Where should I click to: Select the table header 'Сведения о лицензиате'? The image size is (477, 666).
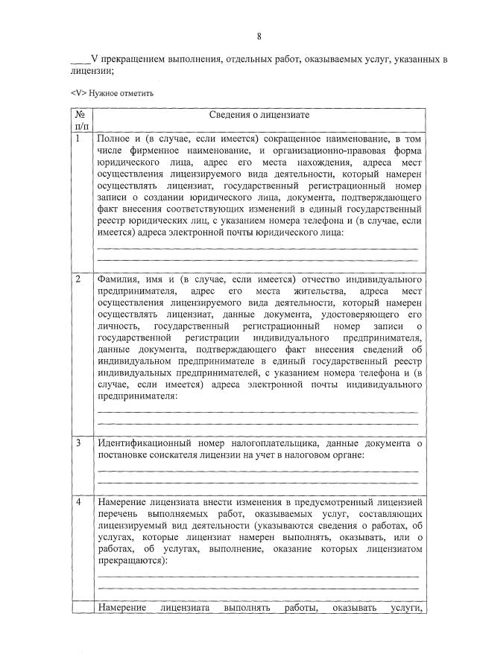point(259,115)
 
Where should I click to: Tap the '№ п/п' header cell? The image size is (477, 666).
point(80,121)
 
